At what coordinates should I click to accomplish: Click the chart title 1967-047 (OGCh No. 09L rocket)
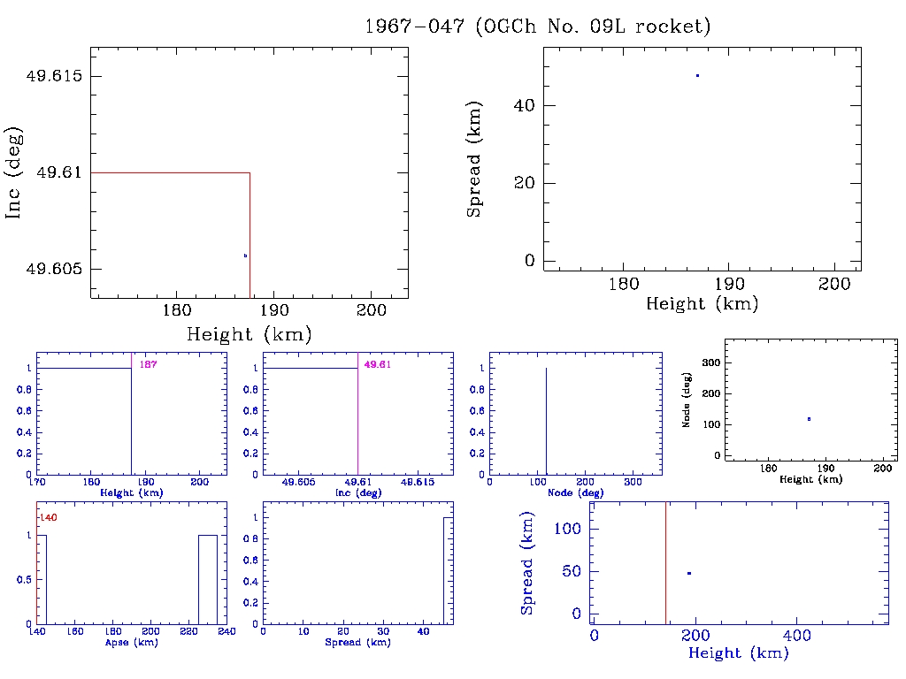coord(538,27)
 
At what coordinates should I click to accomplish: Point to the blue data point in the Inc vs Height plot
coord(245,256)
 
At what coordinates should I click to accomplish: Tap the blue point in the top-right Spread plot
coord(697,76)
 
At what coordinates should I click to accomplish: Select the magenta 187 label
coord(148,364)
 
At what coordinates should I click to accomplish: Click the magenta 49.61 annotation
coord(376,364)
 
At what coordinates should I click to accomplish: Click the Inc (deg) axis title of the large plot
coord(14,172)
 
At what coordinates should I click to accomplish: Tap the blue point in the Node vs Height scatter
coord(809,419)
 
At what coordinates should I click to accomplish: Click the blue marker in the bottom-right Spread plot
coord(688,574)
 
